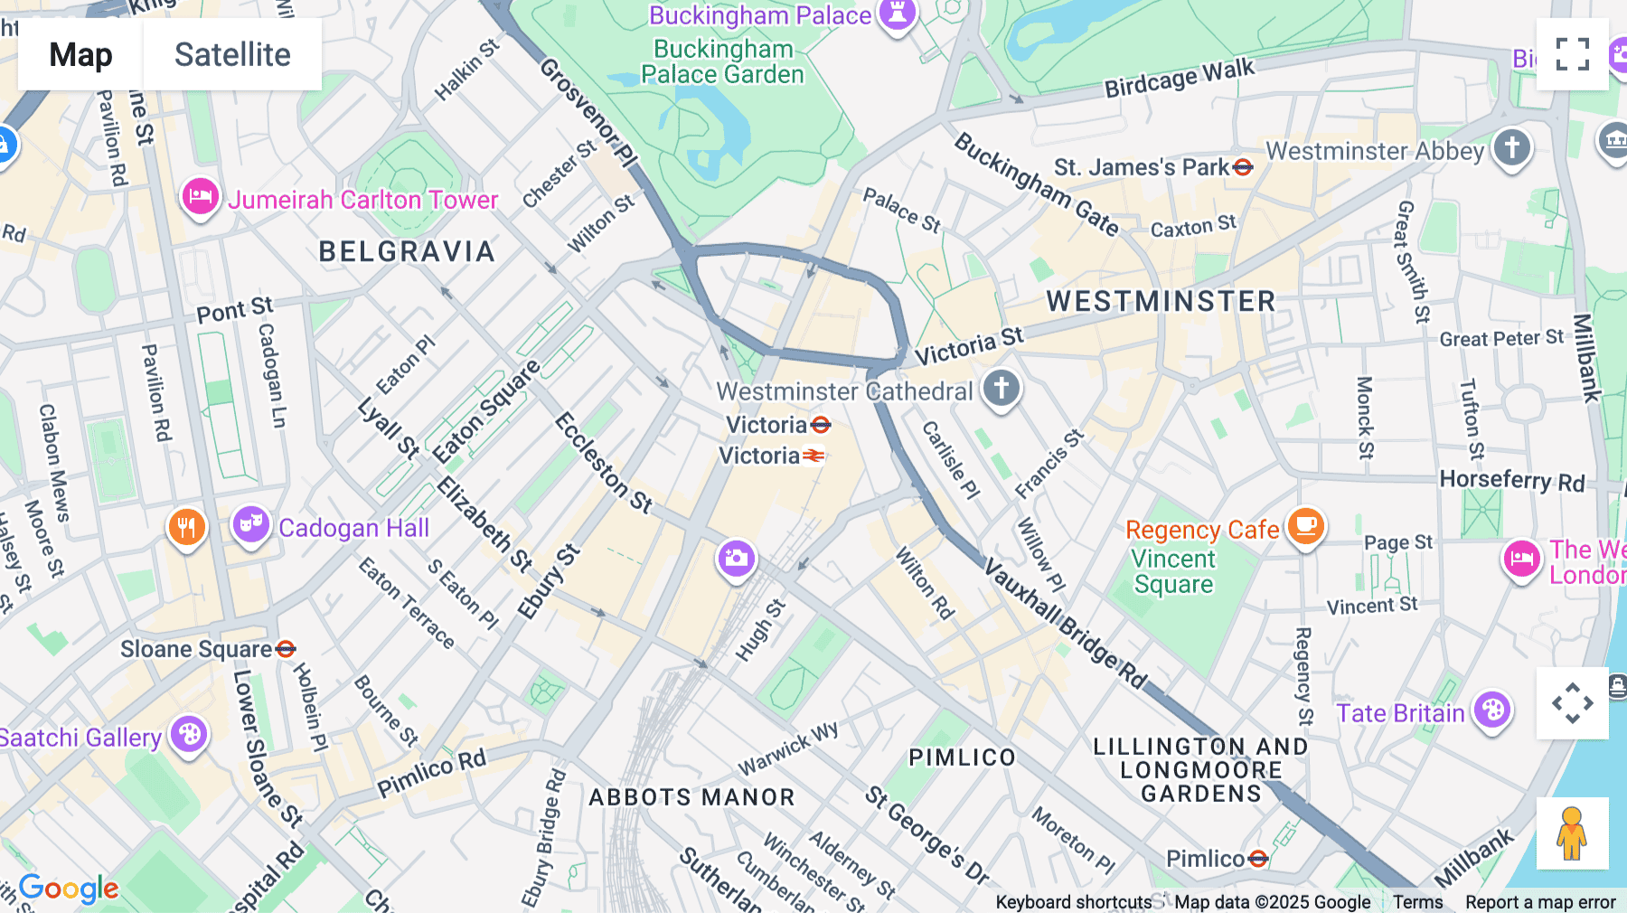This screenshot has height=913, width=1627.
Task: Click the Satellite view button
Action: pos(232,54)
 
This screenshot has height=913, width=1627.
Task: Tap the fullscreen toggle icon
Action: pos(1572,54)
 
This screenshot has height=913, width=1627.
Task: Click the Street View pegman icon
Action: pos(1572,833)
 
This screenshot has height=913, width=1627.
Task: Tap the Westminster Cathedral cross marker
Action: pos(1001,388)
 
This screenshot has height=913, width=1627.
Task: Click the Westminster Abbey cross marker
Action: pos(1511,146)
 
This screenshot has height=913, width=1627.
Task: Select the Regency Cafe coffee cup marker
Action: pos(1305,524)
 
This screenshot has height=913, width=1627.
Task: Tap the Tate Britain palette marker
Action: pos(1492,711)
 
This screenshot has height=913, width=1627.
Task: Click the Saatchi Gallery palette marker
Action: pos(189,734)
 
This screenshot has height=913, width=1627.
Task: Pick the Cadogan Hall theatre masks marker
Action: pos(250,524)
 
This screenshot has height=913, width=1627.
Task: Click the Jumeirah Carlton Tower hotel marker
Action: pos(200,196)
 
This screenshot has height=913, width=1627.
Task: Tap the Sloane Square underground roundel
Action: pos(286,649)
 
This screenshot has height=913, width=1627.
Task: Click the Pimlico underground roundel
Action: pos(1258,858)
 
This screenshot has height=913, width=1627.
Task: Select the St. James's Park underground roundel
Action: pos(1243,167)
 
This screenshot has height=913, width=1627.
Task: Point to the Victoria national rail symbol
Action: pos(813,456)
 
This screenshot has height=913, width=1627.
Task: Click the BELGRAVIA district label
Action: pos(407,251)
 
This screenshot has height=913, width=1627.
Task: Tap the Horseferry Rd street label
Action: pos(1511,480)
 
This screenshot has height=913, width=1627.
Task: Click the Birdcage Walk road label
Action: pos(1179,78)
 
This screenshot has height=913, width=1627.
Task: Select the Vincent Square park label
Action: pos(1173,571)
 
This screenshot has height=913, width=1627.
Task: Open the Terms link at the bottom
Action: pos(1417,901)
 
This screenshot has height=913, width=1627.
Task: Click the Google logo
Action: pos(69,889)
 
